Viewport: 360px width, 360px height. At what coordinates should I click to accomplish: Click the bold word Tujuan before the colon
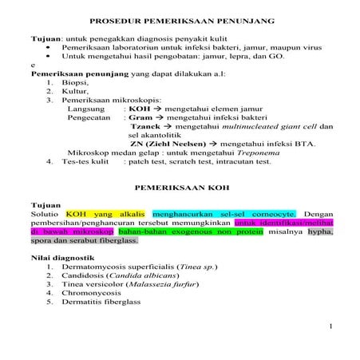(x=45, y=38)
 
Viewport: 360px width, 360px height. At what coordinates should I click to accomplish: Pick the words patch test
(x=146, y=161)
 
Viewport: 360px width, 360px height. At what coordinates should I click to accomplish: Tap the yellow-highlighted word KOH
(x=77, y=214)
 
